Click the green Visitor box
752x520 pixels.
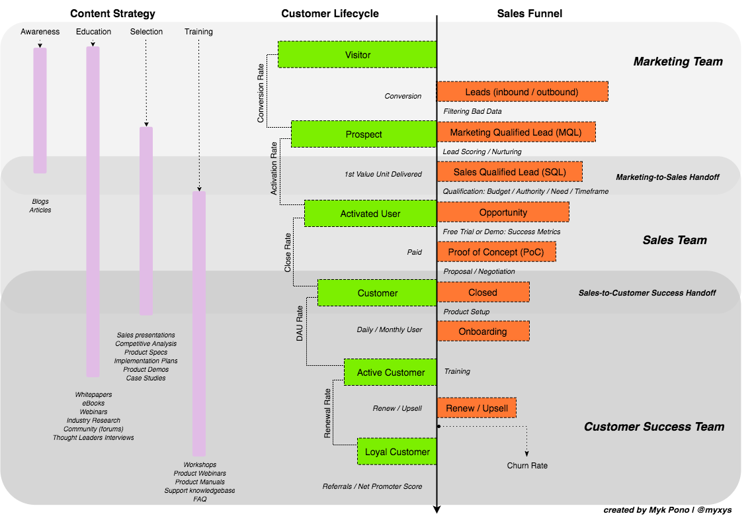coord(357,54)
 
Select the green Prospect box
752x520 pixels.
coord(364,134)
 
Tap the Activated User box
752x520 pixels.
coord(370,214)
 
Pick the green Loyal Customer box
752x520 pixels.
coord(397,452)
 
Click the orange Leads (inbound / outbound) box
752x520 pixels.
coord(522,91)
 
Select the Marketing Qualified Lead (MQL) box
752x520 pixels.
coord(516,132)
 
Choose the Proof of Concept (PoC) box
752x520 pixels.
coord(496,252)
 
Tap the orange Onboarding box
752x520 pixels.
coord(483,331)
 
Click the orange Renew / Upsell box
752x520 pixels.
coord(477,408)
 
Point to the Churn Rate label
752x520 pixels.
coord(527,466)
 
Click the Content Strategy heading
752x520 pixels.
coord(113,13)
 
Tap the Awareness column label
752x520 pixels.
coord(40,32)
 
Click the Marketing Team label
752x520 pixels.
coord(678,62)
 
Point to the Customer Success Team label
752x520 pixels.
coord(653,427)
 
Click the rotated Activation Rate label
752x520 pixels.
coord(274,169)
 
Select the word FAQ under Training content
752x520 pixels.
coord(200,499)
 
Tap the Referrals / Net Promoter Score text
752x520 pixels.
coord(372,486)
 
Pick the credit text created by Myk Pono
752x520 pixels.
coord(667,510)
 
